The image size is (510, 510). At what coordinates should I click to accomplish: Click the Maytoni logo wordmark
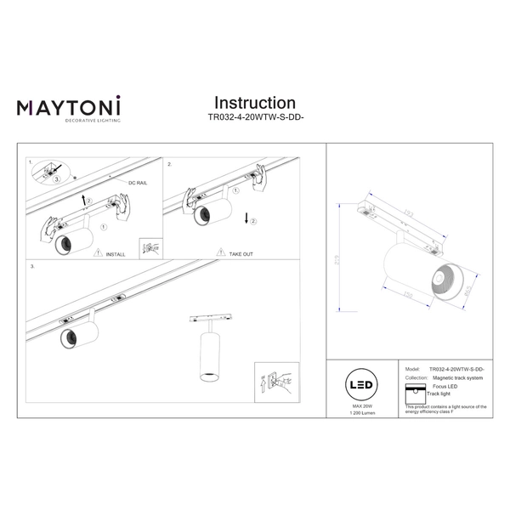pos(69,107)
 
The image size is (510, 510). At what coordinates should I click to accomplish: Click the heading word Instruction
pos(255,103)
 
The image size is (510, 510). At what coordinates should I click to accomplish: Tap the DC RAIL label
pos(139,183)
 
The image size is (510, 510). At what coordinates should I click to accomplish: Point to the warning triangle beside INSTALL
pos(99,253)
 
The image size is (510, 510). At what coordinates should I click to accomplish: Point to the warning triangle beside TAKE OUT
pos(221,253)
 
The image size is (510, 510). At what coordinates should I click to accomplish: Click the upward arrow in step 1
pos(82,200)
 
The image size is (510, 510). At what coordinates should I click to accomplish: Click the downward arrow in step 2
pos(246,218)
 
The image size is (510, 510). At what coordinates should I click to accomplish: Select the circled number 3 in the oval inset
pos(57,180)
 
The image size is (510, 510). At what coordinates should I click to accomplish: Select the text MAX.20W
pos(363,407)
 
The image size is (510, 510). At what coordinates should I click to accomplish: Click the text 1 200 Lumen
pos(363,415)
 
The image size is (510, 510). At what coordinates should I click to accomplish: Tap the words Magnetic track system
pos(457,377)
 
